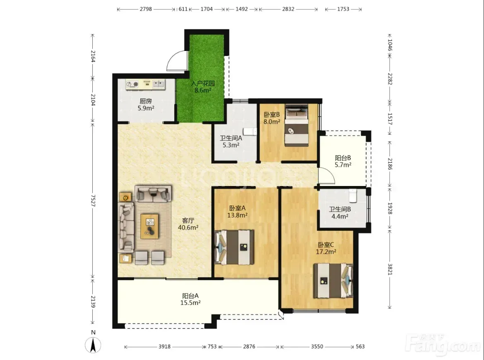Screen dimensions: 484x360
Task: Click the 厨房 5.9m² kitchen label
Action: point(146,105)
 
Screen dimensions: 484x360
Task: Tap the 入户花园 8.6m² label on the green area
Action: point(203,87)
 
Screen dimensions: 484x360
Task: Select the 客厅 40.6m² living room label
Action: point(188,224)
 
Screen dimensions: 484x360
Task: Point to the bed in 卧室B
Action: point(296,125)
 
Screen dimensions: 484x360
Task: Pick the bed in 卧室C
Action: point(333,280)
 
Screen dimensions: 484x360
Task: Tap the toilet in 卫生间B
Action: point(353,196)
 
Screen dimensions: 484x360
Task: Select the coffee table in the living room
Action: point(150,226)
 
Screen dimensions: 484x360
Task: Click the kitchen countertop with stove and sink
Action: point(145,84)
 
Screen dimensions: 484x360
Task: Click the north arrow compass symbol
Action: point(93,345)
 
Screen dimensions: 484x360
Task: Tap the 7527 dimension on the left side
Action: point(93,201)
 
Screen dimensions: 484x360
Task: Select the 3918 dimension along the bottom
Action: point(164,347)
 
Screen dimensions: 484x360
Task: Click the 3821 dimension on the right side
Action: point(390,269)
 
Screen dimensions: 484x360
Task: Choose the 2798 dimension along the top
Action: point(146,9)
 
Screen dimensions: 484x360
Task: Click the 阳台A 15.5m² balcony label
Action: point(190,300)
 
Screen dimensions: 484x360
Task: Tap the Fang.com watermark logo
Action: point(443,344)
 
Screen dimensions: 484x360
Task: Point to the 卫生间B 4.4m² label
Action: point(340,213)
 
